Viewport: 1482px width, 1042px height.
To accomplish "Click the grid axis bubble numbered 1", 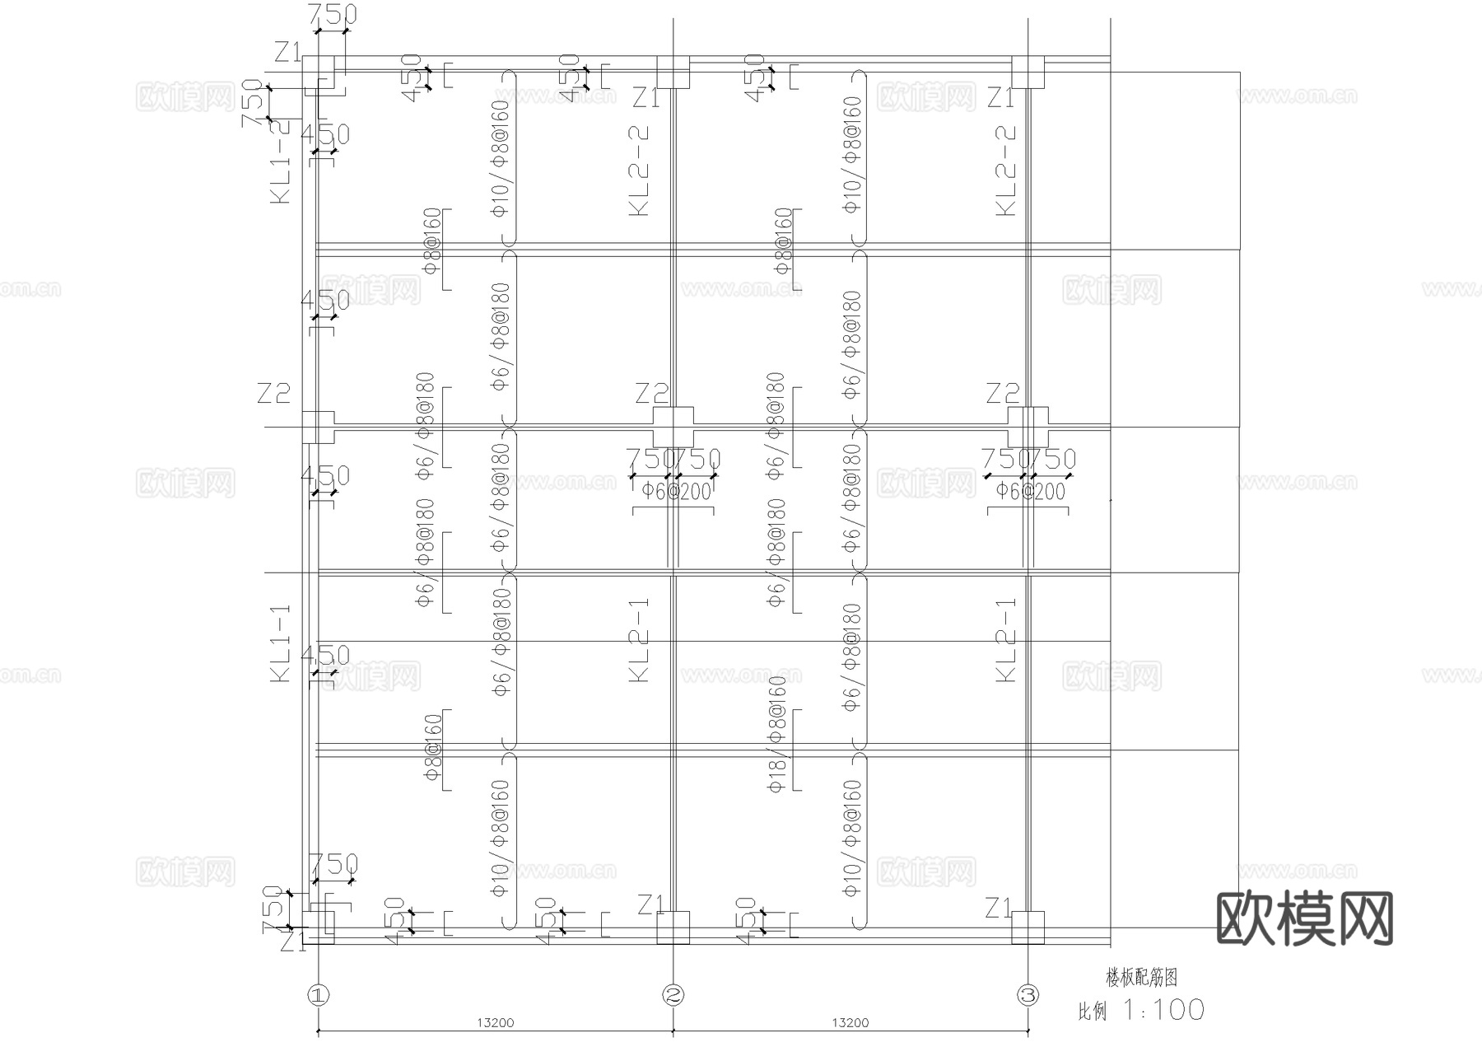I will (318, 995).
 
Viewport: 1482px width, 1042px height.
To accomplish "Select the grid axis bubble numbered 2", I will (673, 995).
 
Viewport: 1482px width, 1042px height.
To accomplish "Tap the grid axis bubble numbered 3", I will (1028, 995).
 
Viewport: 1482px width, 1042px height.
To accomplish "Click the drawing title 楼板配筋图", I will (1141, 978).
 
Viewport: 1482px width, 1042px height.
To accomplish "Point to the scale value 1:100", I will (1163, 1010).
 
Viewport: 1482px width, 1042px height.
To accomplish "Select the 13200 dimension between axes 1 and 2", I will (495, 1023).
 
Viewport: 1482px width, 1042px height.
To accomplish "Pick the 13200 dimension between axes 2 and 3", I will (850, 1023).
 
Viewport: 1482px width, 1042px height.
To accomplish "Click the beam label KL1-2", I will (281, 161).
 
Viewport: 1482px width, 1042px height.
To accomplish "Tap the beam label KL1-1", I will (281, 642).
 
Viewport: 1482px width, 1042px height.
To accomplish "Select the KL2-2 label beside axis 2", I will (640, 171).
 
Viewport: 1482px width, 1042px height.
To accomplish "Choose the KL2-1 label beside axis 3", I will (1006, 639).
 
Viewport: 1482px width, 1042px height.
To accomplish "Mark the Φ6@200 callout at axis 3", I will (1029, 492).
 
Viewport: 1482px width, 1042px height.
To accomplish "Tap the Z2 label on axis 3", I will (1003, 394).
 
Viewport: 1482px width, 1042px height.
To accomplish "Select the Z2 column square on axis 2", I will (673, 427).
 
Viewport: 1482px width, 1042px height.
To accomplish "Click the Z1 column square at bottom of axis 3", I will (1028, 927).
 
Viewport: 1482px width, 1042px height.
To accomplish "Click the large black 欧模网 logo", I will (1304, 918).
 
